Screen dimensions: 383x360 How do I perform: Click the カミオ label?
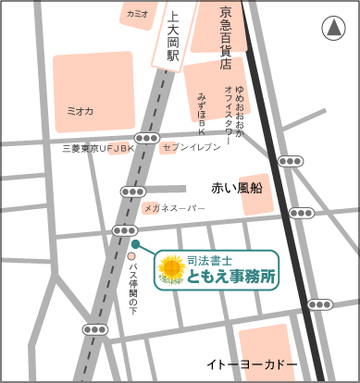[138, 15]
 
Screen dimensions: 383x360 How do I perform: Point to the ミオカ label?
[81, 110]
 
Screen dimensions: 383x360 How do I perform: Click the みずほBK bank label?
[203, 111]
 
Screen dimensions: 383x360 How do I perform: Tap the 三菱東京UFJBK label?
[97, 148]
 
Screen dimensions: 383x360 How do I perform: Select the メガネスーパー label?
[174, 209]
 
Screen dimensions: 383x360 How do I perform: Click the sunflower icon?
[171, 268]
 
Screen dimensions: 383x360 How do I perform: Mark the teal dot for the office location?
[135, 244]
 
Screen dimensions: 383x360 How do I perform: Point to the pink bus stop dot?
[131, 256]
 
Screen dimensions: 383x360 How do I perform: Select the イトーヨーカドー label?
[252, 364]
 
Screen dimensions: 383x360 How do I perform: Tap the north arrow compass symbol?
[331, 30]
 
